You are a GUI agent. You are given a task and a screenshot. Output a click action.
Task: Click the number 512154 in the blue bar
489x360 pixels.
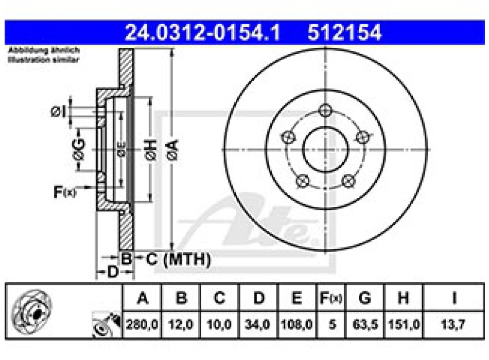(x=344, y=33)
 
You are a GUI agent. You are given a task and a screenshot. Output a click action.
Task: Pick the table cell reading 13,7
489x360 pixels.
(x=454, y=325)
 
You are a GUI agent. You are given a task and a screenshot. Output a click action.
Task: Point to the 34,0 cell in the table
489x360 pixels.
(x=259, y=325)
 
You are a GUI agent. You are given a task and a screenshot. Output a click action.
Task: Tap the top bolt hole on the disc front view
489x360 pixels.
(x=325, y=110)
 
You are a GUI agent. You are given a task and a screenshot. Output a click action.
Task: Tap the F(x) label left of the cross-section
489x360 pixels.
(x=64, y=193)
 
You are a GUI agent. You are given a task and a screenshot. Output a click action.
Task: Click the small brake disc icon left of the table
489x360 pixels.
(x=31, y=311)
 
